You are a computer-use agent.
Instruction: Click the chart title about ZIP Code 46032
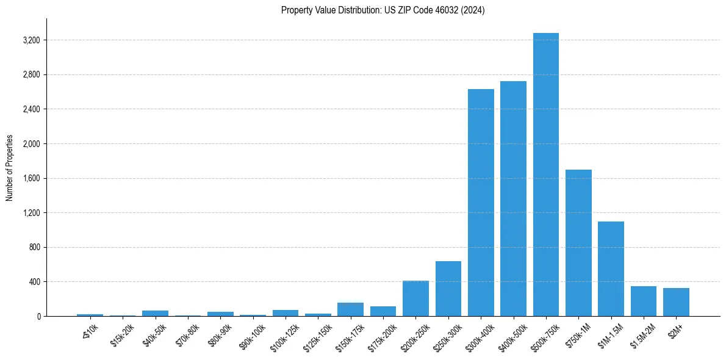(383, 10)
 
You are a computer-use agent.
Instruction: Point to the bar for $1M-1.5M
(611, 269)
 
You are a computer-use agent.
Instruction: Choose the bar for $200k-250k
(415, 298)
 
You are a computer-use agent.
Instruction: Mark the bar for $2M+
(676, 302)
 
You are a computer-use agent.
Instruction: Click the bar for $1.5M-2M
(643, 301)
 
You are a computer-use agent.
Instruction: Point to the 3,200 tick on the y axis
(31, 40)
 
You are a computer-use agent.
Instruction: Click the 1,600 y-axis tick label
(31, 179)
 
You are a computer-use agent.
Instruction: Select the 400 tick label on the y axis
(34, 282)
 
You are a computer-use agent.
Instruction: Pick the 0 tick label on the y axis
(38, 317)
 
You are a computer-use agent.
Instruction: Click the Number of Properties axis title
(10, 168)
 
